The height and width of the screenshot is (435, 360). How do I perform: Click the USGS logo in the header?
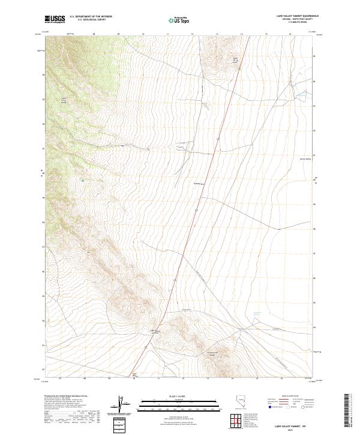pyautogui.click(x=55, y=20)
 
